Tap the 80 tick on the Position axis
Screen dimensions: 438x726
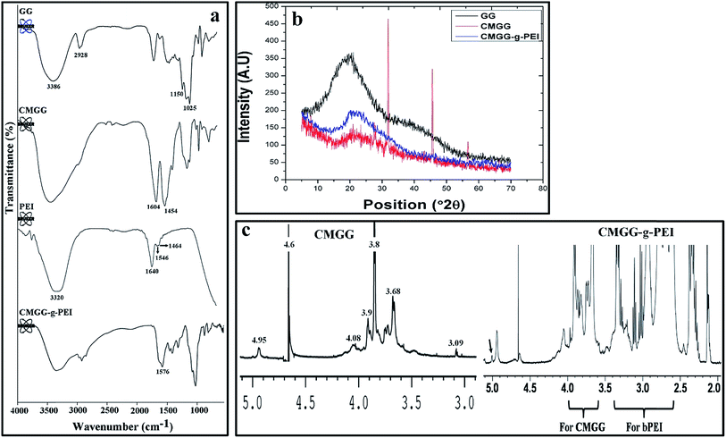(542, 190)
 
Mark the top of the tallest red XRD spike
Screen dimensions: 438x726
(388, 21)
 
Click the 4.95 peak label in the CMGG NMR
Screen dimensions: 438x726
(259, 341)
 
